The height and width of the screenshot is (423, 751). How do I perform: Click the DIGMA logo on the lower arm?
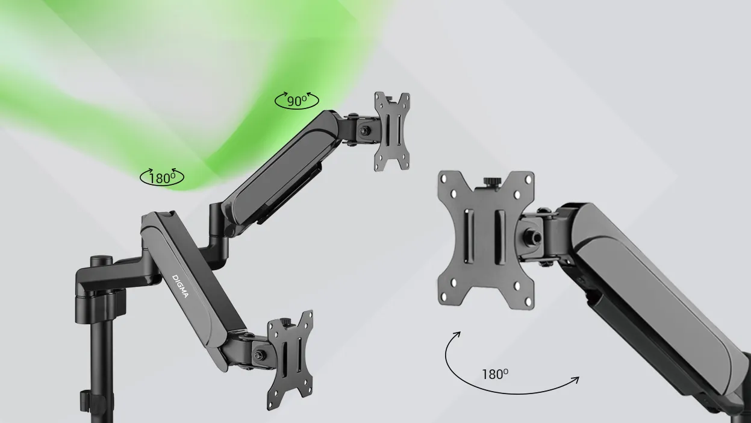(181, 286)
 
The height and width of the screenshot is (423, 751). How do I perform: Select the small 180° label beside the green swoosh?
(162, 178)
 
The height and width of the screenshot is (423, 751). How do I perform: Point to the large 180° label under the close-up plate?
(495, 374)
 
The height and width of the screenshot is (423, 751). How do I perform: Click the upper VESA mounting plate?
(392, 131)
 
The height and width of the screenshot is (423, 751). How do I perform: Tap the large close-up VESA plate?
(486, 240)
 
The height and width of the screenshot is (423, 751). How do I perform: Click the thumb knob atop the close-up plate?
(492, 183)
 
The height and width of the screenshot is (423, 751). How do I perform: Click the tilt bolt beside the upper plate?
(365, 131)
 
